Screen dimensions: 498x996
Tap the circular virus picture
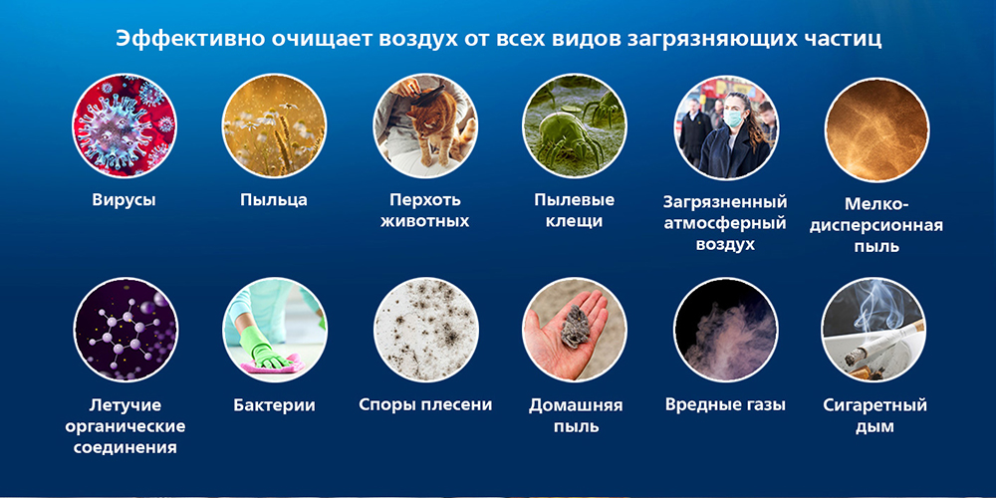pos(124,125)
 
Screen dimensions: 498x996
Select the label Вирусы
pos(124,199)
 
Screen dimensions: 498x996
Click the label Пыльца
pos(274,199)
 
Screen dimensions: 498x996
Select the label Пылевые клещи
pos(574,210)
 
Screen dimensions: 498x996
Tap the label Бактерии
pos(274,405)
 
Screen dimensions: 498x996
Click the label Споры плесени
pos(424,405)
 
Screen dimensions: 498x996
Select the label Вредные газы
pos(725,405)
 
